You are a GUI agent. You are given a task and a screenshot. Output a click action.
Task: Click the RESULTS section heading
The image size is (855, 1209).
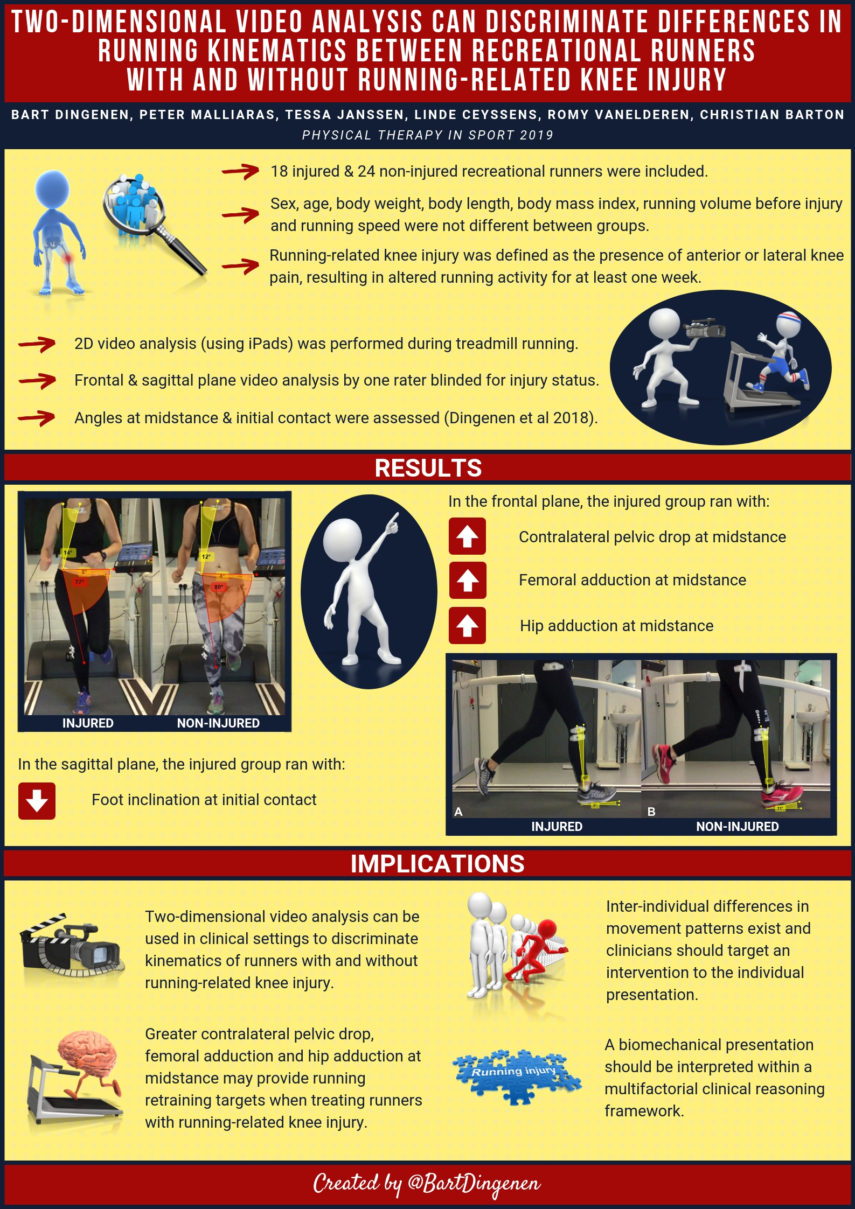428,467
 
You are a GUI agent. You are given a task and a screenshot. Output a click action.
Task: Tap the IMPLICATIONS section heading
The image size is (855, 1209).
437,864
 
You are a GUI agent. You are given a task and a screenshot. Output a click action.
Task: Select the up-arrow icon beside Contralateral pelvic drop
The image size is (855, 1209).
467,536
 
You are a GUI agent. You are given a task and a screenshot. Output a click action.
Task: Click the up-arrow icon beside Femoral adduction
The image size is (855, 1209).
468,581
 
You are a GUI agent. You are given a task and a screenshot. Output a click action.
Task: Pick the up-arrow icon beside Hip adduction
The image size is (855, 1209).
467,626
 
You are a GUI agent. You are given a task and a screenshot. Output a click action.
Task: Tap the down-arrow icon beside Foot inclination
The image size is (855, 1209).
37,801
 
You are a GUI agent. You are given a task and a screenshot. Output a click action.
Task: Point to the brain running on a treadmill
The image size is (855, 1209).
75,1077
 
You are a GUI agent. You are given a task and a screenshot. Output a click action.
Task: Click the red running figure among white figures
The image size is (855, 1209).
536,951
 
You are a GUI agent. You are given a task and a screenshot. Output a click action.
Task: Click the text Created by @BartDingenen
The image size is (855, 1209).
427,1184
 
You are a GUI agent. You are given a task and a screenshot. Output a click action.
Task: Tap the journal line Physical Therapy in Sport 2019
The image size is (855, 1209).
428,135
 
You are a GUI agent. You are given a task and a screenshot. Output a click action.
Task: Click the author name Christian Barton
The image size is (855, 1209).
772,115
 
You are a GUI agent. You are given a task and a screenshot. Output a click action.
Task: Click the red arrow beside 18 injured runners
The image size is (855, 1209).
241,171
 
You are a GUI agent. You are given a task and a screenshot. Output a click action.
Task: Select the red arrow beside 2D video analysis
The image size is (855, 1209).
37,344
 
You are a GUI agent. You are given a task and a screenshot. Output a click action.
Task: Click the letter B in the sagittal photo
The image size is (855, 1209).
651,812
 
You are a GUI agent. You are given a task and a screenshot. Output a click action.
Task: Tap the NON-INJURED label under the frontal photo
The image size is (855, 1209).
218,723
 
